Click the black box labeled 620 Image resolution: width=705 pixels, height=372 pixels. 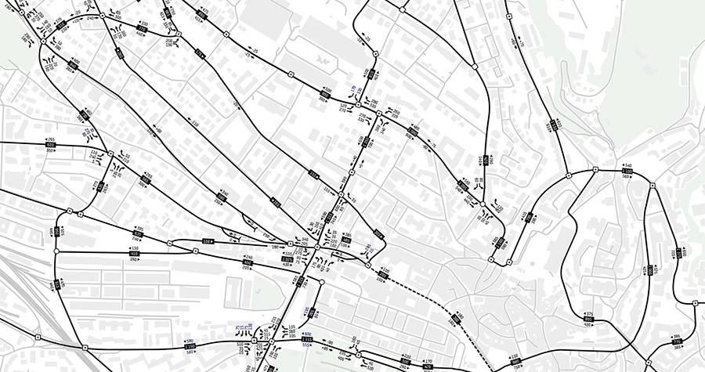[52, 145]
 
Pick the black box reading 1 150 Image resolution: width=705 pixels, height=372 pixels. [190, 345]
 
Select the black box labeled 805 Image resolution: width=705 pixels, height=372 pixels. [588, 320]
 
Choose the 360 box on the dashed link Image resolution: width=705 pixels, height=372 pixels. [458, 320]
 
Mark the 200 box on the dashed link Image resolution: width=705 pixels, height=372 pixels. [385, 274]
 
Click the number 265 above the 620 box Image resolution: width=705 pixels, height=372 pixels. [52, 139]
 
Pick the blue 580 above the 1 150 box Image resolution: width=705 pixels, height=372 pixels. [190, 340]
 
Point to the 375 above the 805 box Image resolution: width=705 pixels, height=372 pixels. [589, 314]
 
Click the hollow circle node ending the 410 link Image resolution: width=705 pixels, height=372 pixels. [56, 251]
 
